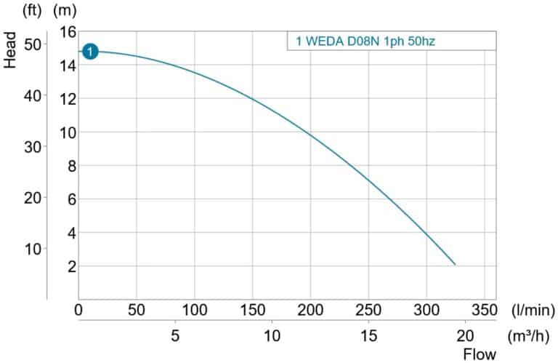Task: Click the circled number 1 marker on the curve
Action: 89,52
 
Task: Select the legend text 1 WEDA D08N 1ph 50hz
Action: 365,41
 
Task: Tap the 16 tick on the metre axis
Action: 68,32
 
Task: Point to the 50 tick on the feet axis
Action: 33,44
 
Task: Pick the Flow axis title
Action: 480,354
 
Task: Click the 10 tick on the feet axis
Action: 33,249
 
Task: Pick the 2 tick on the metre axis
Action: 72,266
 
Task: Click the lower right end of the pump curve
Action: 455,264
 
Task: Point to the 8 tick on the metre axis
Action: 72,166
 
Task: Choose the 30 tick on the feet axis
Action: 33,146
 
